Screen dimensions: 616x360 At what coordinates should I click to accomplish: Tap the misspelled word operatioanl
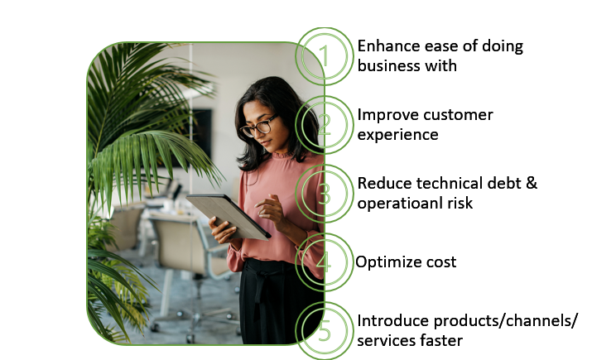coord(400,204)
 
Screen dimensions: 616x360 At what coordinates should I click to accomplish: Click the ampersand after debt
coord(532,184)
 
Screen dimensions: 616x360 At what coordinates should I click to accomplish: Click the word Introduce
coord(392,321)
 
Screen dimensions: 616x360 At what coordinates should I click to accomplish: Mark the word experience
coord(397,136)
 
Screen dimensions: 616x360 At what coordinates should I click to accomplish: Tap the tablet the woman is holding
coord(229,217)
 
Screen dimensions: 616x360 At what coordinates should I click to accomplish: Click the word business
coord(385,65)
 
